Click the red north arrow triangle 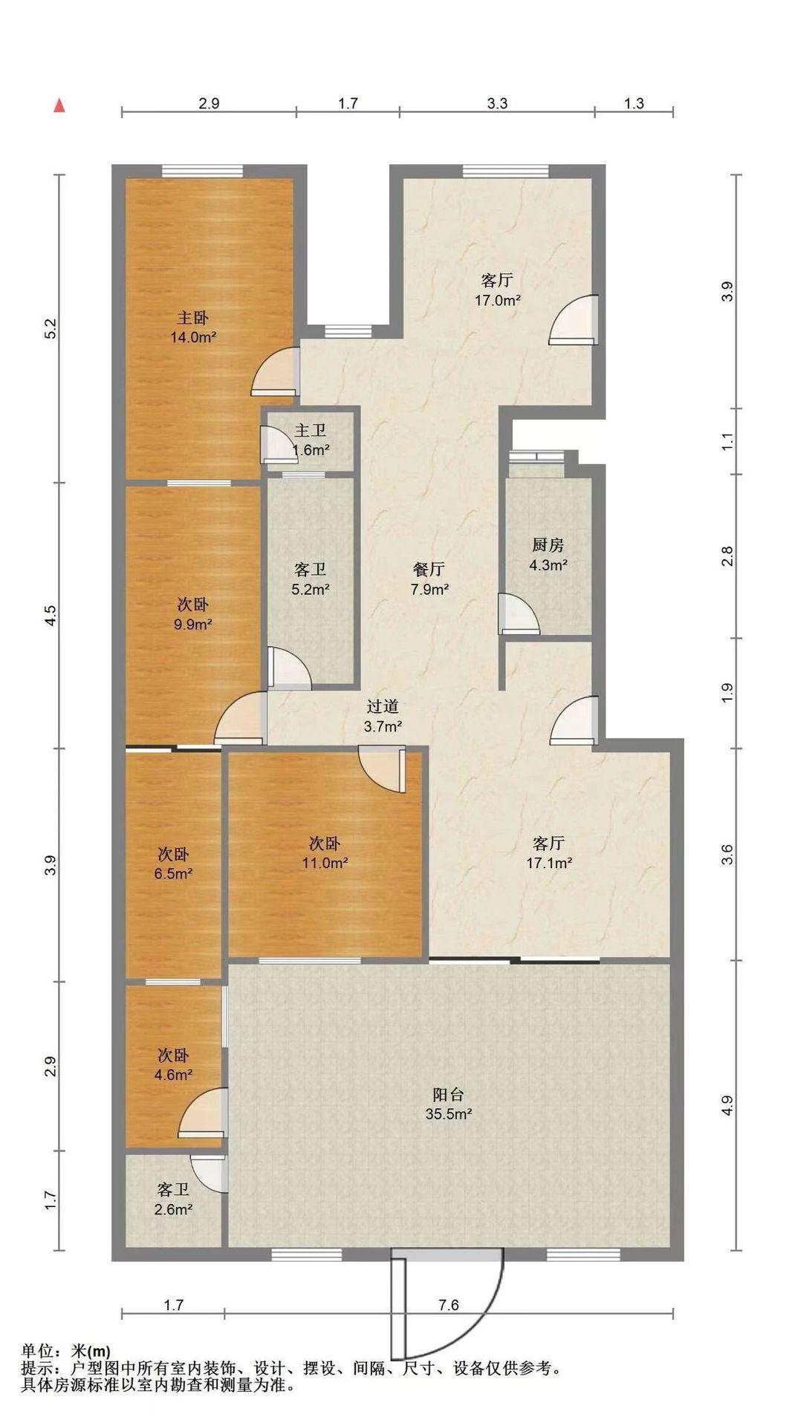59,105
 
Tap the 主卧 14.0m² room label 192,328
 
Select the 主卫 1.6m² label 311,440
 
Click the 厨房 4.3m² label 548,555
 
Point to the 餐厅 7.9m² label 429,579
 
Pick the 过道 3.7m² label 383,717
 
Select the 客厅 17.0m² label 497,290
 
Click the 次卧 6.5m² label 173,864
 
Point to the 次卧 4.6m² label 173,1064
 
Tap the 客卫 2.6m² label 173,1199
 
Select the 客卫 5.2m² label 311,579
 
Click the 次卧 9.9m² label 192,613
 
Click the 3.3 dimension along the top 497,103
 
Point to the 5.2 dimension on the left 51,329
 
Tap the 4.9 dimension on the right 728,1106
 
